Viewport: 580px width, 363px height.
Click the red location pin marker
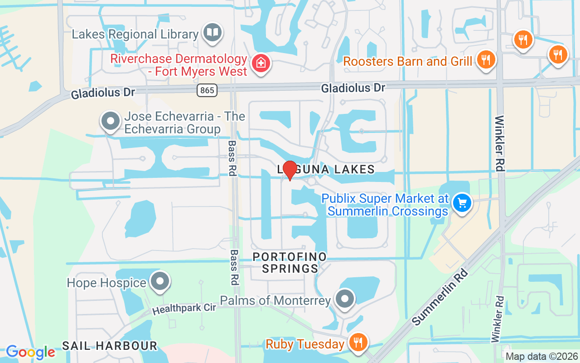(290, 170)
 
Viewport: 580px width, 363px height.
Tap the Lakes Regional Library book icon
(212, 32)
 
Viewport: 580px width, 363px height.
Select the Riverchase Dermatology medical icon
(261, 63)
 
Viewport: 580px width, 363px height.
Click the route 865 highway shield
(207, 90)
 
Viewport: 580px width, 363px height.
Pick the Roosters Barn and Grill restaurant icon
(486, 59)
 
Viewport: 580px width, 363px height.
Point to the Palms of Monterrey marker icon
(345, 299)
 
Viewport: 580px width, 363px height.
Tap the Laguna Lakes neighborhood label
(326, 170)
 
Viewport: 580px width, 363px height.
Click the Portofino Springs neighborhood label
(290, 263)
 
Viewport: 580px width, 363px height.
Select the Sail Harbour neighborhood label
(109, 346)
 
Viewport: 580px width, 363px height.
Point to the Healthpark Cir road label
(184, 309)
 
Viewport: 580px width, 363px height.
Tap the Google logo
(30, 352)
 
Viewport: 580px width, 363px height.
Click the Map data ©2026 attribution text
(541, 357)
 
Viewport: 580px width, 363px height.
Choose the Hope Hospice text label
(106, 283)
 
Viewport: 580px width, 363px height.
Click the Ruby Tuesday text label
(305, 344)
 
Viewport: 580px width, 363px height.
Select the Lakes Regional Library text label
(135, 34)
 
